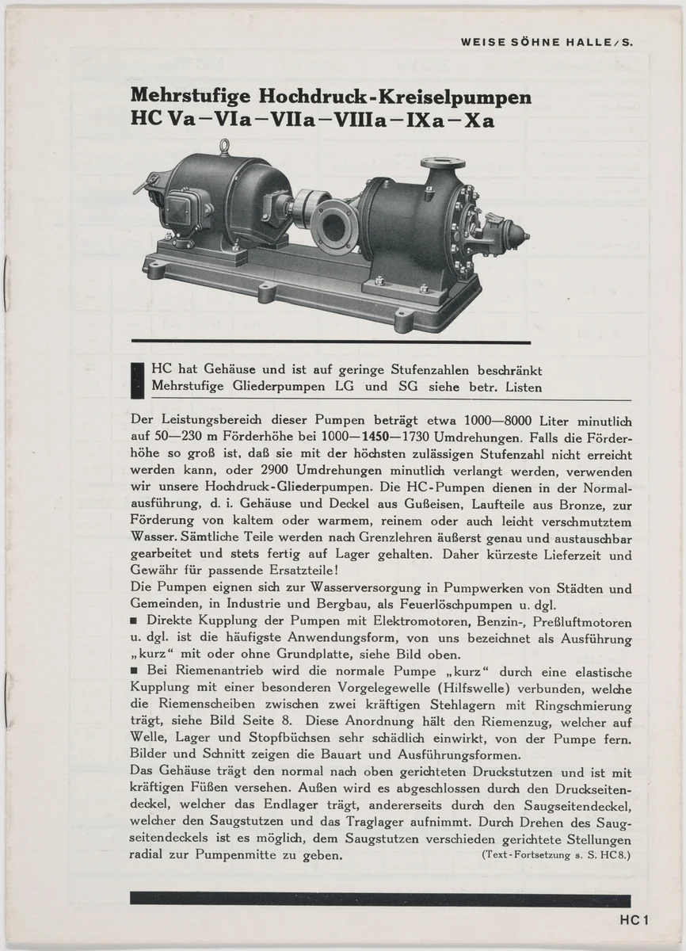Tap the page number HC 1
(x=635, y=920)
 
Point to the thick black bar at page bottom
(x=379, y=899)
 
